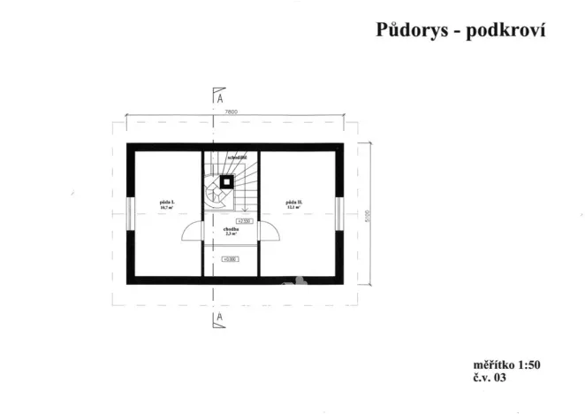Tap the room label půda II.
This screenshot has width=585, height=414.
coord(295,203)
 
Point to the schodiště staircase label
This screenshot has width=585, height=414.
coord(236,157)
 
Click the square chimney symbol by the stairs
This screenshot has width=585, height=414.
coord(228,181)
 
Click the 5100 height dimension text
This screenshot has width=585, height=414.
coord(367,217)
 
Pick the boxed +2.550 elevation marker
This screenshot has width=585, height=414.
coord(244,220)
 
